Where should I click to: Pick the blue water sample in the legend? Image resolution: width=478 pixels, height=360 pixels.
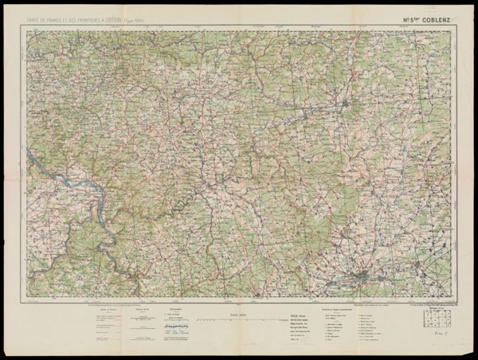point(178,326)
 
